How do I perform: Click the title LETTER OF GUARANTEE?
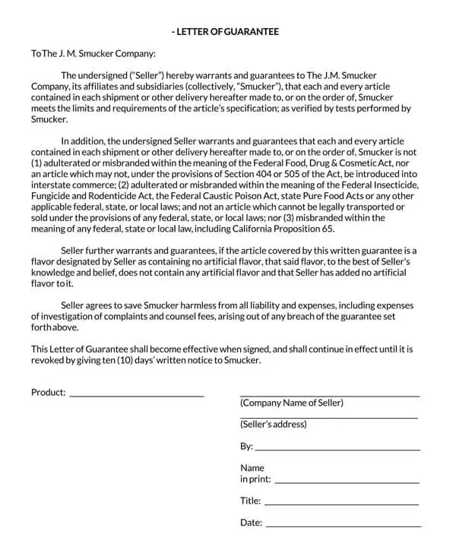pos(226,32)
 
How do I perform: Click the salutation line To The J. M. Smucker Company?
pos(93,54)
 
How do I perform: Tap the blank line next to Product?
pos(137,395)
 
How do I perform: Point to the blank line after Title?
pos(341,503)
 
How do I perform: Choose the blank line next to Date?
pos(343,525)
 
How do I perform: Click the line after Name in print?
pos(347,482)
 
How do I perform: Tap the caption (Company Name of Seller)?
pos(292,403)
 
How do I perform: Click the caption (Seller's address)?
pos(274,425)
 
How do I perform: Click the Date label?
pos(252,523)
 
